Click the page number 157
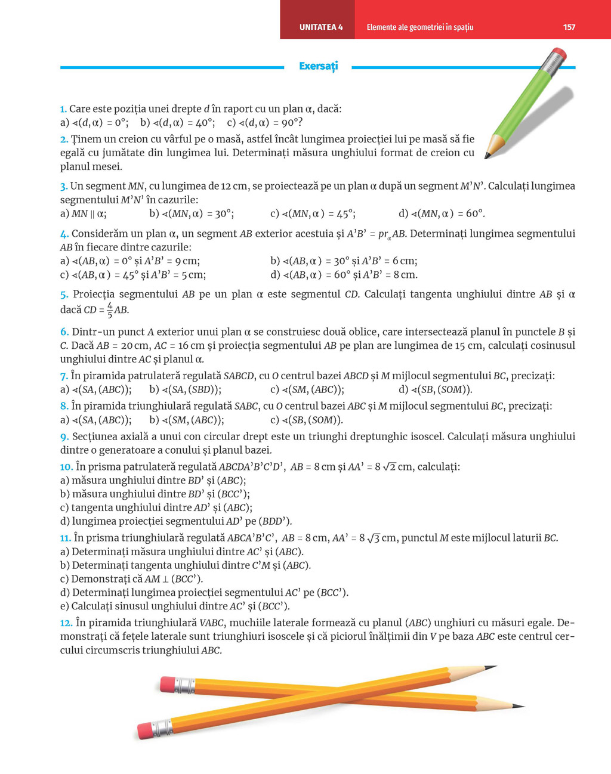coord(569,27)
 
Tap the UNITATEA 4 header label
coord(321,27)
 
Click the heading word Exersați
coord(318,66)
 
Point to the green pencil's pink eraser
coord(558,55)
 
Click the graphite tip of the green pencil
coord(487,157)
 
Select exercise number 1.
coord(63,109)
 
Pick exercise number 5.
coord(64,295)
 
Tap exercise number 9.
coord(64,436)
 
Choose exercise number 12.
coord(66,623)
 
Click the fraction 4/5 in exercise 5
coord(109,309)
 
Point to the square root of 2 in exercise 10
coord(389,467)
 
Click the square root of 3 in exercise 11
coord(373,538)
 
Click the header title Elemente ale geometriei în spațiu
coord(419,27)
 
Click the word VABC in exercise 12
coord(212,623)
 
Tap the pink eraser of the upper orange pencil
coord(169,683)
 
